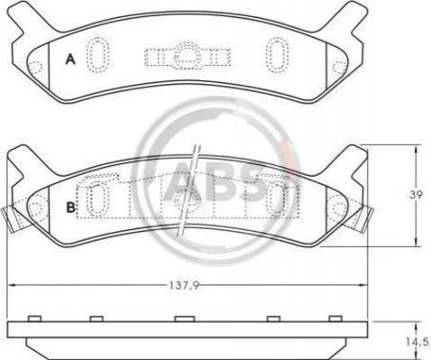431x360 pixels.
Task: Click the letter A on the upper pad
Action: tap(70, 60)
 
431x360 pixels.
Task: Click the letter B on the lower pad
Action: tap(70, 208)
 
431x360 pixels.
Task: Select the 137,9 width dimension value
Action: tap(183, 285)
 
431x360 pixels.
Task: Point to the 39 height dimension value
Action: tap(416, 195)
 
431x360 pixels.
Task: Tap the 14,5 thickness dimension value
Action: tap(417, 342)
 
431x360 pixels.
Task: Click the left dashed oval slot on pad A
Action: tap(97, 54)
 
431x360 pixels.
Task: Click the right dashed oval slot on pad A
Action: tap(277, 54)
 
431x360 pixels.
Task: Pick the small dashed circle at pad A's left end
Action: tap(36, 67)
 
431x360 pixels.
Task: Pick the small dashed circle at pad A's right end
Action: tap(340, 67)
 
